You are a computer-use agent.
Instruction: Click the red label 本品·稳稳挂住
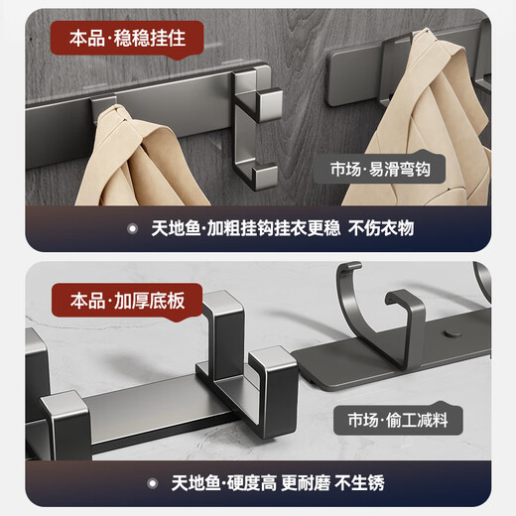(128, 41)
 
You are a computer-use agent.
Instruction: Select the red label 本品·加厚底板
(128, 297)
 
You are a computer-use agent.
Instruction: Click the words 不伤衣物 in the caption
(381, 228)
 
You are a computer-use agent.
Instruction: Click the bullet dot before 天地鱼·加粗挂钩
(132, 228)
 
